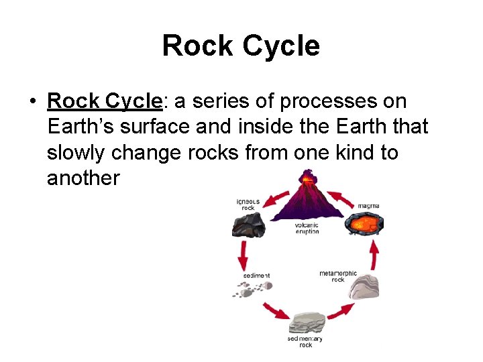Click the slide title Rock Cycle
241,46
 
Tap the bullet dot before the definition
32,102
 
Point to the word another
83,178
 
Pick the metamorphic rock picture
366,286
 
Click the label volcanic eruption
307,228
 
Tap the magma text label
368,204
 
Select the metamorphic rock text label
338,276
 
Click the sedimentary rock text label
305,341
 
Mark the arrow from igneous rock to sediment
243,255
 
